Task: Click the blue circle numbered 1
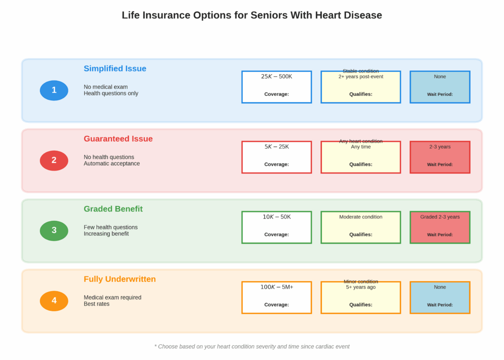click(x=54, y=90)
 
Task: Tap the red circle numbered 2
click(x=54, y=160)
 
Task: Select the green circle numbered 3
click(x=54, y=231)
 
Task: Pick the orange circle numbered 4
click(x=54, y=301)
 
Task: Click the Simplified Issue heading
click(x=115, y=69)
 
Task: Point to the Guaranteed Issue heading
click(x=118, y=139)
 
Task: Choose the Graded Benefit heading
click(x=113, y=209)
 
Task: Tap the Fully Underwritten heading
click(x=120, y=279)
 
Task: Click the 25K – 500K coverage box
click(x=277, y=87)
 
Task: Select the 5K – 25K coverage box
click(x=277, y=157)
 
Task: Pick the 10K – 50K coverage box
click(x=277, y=227)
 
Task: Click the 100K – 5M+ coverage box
click(x=277, y=298)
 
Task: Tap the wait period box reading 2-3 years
click(x=440, y=157)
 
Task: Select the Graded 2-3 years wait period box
click(x=440, y=227)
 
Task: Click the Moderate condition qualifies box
click(x=361, y=227)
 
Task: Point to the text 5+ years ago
click(x=361, y=287)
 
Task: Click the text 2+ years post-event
click(x=361, y=77)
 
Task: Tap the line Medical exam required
click(x=112, y=298)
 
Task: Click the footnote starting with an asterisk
click(x=252, y=347)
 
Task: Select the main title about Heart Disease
click(x=252, y=15)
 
